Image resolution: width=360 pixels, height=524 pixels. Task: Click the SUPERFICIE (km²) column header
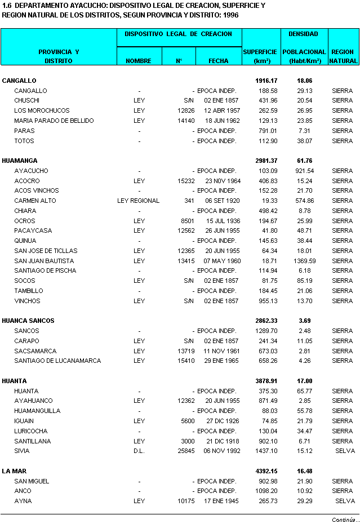point(261,56)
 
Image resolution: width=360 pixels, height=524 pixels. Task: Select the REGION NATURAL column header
point(343,56)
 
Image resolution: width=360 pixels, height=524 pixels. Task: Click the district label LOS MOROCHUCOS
point(42,110)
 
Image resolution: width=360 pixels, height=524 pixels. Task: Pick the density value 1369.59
point(304,261)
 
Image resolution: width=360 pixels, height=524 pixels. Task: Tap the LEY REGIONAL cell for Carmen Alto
point(138,201)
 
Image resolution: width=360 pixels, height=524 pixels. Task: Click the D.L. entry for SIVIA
point(139,451)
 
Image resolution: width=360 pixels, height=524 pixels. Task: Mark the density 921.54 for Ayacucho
point(304,171)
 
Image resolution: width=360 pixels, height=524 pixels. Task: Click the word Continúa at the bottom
point(344,519)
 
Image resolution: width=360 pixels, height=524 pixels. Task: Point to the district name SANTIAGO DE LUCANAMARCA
point(57,361)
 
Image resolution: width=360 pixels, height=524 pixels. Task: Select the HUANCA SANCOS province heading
point(28,321)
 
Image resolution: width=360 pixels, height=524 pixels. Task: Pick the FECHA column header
point(218,60)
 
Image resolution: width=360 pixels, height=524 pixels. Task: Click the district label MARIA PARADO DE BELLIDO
point(54,121)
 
